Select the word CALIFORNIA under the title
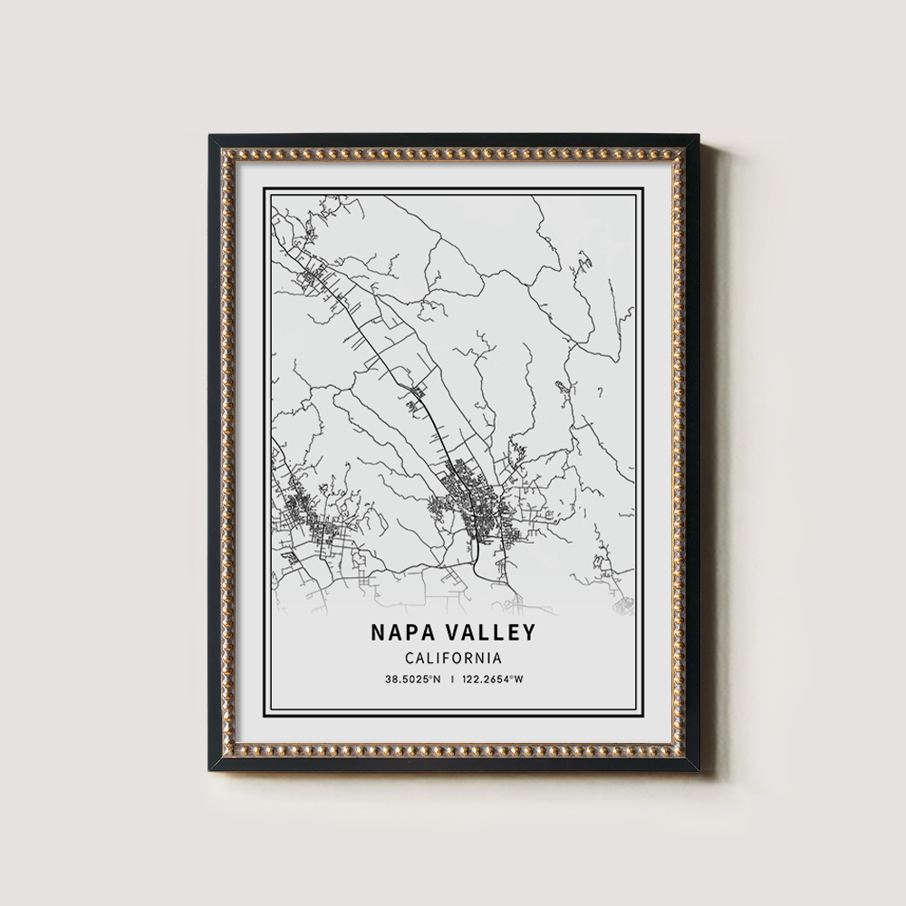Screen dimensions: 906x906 coord(452,658)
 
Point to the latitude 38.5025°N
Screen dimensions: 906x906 coord(411,679)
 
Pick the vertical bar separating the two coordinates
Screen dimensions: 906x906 coord(453,679)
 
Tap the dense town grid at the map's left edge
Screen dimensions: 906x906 coord(304,516)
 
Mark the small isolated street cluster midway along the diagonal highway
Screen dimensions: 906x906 coord(417,396)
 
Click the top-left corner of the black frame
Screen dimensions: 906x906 coord(210,137)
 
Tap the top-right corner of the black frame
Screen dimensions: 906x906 coord(701,137)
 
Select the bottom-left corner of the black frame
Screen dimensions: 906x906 coord(210,769)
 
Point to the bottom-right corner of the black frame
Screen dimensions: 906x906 coord(701,769)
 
